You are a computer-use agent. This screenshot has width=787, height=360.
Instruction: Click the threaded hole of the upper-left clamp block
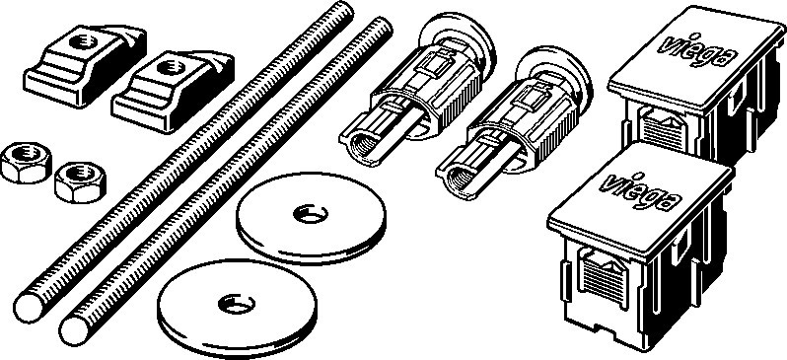pyautogui.click(x=83, y=40)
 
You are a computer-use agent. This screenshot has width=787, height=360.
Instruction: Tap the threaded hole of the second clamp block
pyautogui.click(x=171, y=67)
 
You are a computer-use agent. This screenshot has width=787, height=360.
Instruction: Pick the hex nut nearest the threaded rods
pyautogui.click(x=80, y=181)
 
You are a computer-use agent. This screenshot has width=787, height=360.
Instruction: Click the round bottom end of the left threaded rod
pyautogui.click(x=30, y=308)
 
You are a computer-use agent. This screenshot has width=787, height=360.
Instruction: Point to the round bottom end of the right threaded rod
pyautogui.click(x=76, y=329)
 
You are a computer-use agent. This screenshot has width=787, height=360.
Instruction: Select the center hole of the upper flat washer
pyautogui.click(x=311, y=214)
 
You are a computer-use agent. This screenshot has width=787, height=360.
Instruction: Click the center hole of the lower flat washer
pyautogui.click(x=237, y=304)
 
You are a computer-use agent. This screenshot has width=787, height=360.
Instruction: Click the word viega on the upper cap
pyautogui.click(x=696, y=48)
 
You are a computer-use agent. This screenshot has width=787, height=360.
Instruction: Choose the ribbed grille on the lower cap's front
pyautogui.click(x=604, y=278)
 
